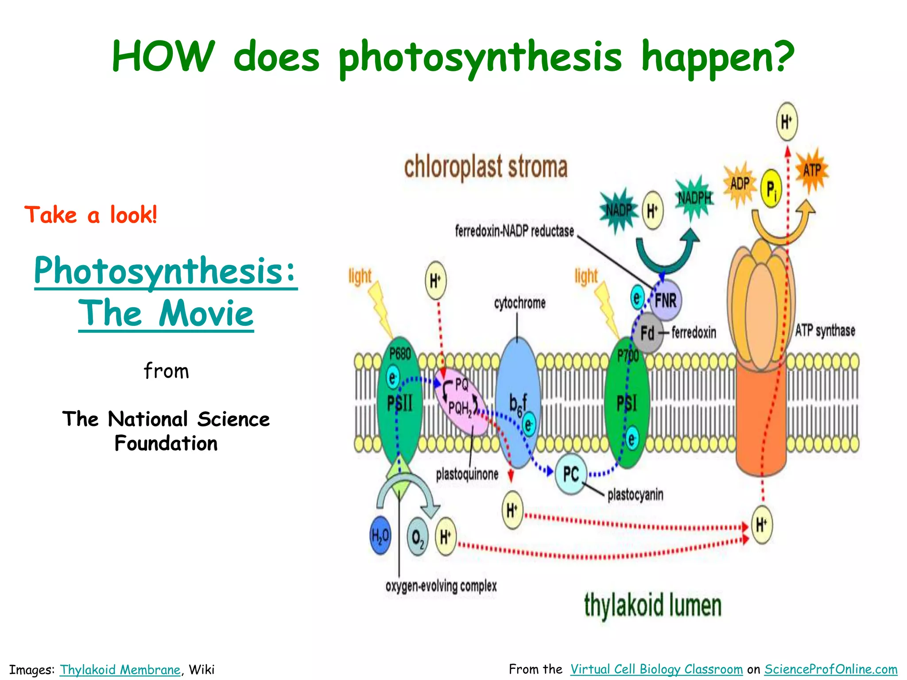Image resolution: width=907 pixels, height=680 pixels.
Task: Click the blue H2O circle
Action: pyautogui.click(x=380, y=536)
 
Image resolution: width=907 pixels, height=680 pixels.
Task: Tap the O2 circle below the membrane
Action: pyautogui.click(x=417, y=537)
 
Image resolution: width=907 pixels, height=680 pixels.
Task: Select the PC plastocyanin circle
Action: pyautogui.click(x=571, y=474)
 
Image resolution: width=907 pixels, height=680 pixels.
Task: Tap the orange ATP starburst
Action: pyautogui.click(x=812, y=170)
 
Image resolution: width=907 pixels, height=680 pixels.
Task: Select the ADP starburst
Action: pyautogui.click(x=740, y=184)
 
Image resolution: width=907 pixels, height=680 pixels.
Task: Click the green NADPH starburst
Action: pyautogui.click(x=694, y=198)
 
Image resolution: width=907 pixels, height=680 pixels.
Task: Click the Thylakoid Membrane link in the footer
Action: pyautogui.click(x=120, y=669)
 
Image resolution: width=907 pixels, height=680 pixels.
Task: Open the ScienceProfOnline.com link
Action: pyautogui.click(x=831, y=669)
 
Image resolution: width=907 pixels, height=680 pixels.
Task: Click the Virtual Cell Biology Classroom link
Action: pyautogui.click(x=656, y=669)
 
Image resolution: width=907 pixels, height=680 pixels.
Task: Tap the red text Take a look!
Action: pyautogui.click(x=91, y=215)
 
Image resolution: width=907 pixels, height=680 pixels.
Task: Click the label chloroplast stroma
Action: pyautogui.click(x=485, y=167)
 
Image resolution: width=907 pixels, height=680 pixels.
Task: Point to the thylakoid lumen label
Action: pyautogui.click(x=652, y=605)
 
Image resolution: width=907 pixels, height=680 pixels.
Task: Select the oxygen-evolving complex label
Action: pyautogui.click(x=441, y=586)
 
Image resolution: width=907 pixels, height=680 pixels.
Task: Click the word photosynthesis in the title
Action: pyautogui.click(x=481, y=58)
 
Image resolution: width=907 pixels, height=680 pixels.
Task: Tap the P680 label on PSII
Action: pyautogui.click(x=400, y=354)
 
